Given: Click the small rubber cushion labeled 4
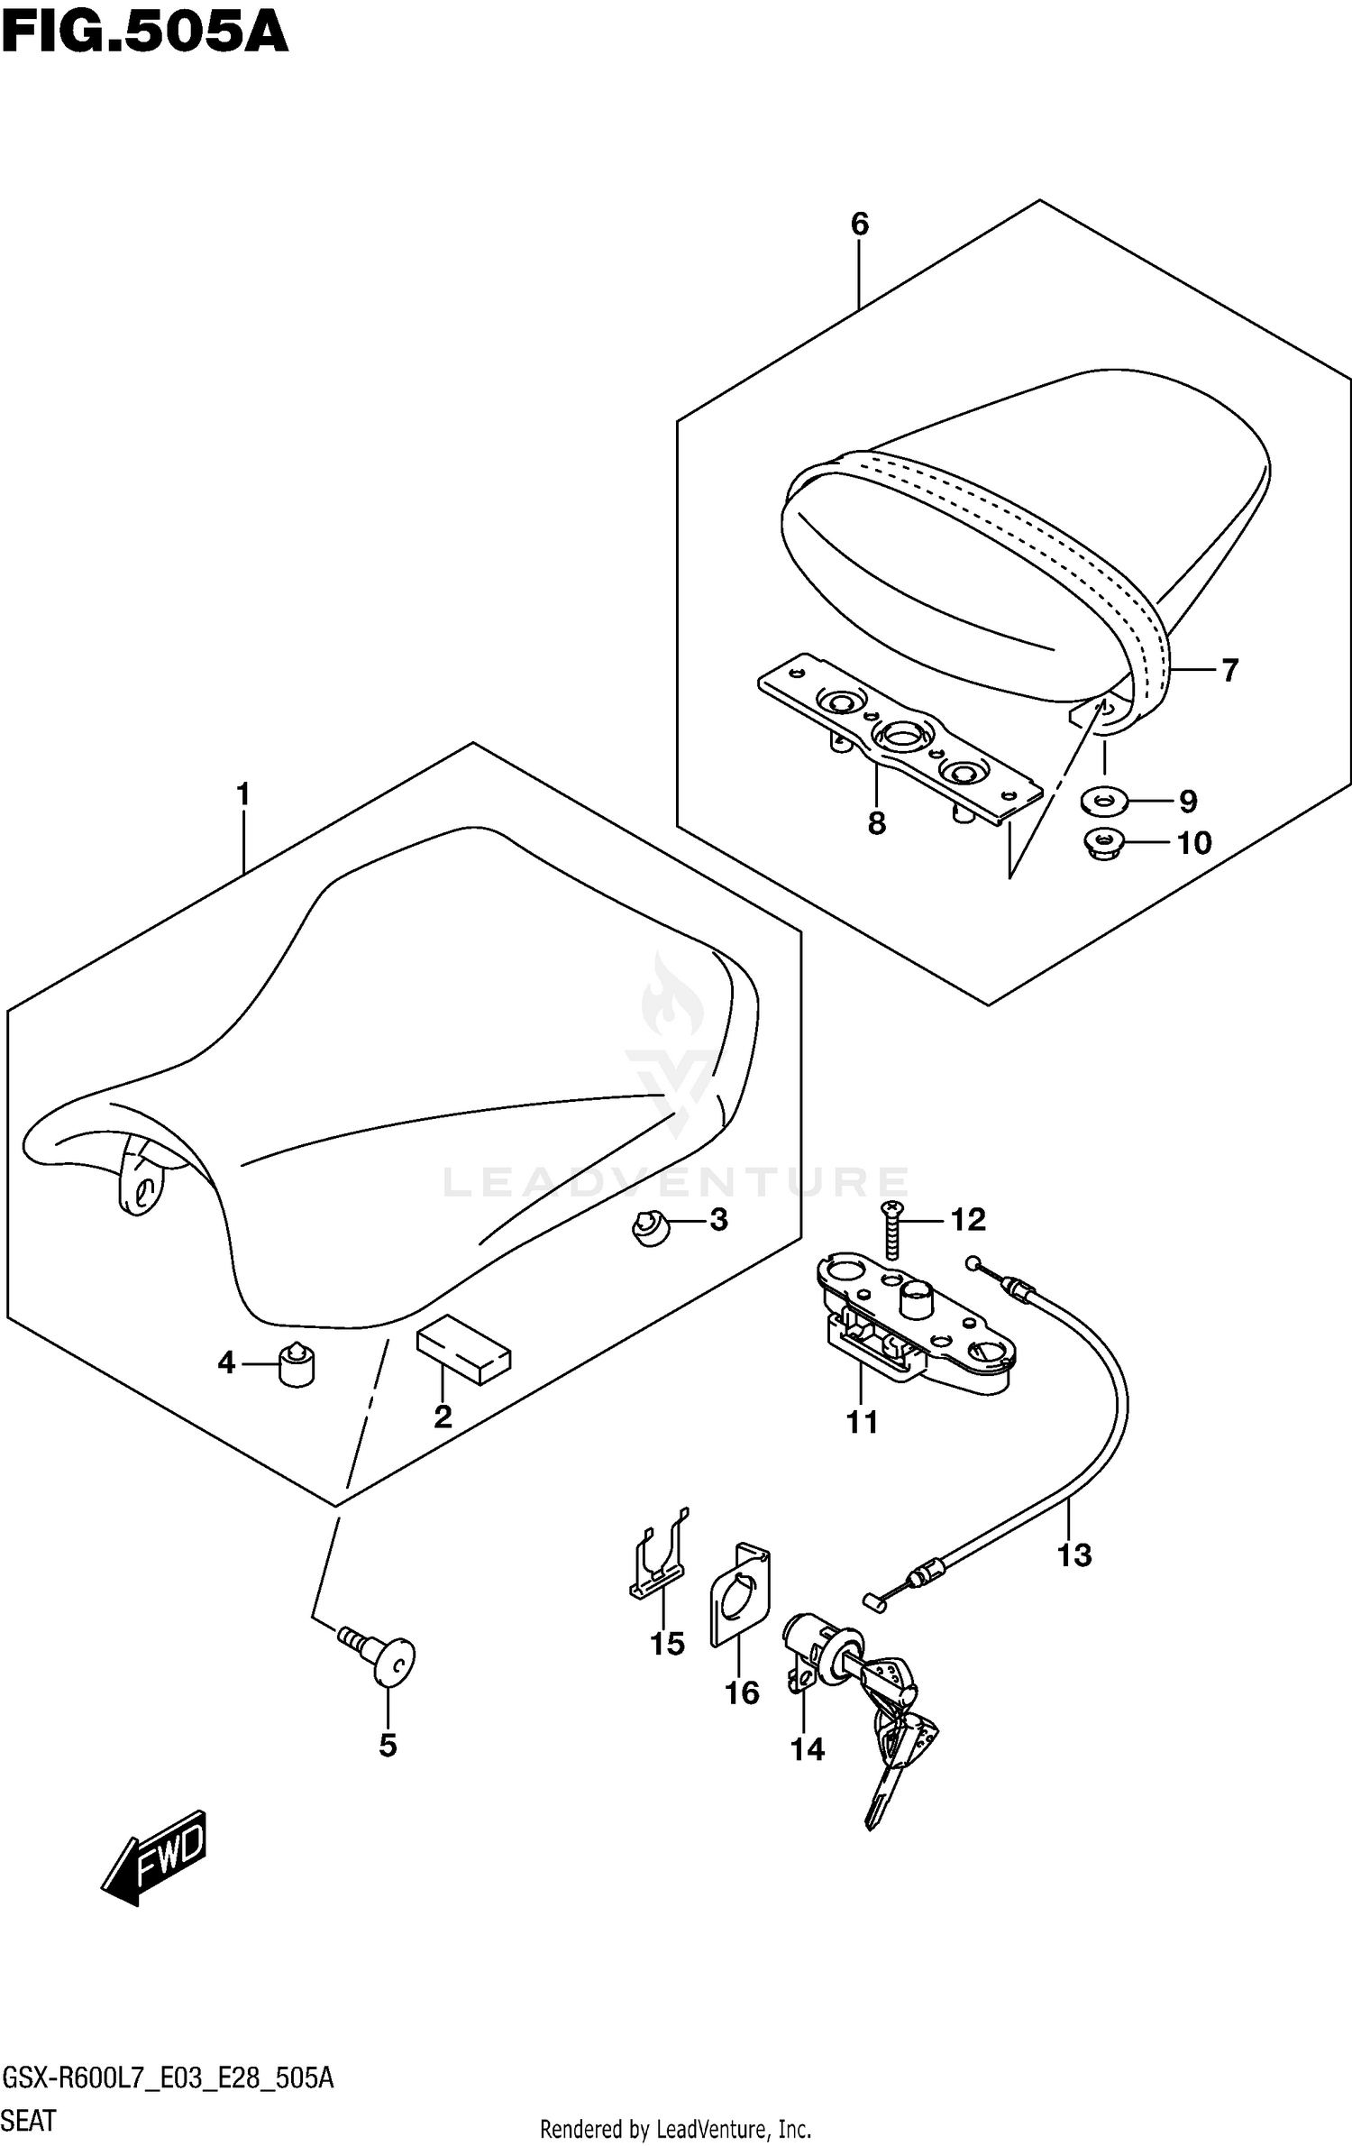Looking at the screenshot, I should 297,1362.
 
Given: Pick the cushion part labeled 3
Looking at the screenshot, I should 652,1227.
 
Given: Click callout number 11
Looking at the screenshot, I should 862,1423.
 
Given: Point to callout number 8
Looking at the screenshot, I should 877,823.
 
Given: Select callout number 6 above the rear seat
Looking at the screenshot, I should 859,224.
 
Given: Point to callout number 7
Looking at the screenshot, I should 1229,670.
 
